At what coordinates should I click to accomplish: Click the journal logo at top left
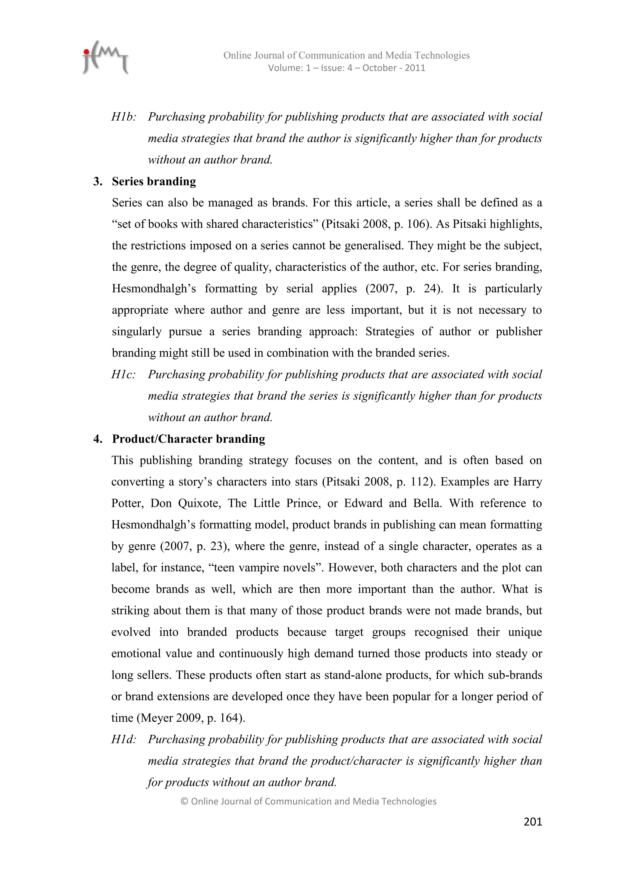click(x=105, y=58)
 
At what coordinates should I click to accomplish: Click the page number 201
click(x=532, y=822)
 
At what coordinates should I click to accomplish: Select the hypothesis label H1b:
click(x=124, y=117)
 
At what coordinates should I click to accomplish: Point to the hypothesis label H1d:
click(x=124, y=739)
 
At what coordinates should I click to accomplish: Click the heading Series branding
click(x=154, y=181)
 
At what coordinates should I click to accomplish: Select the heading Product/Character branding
click(x=188, y=439)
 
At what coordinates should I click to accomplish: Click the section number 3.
click(x=98, y=181)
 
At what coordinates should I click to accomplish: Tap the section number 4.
click(x=98, y=439)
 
